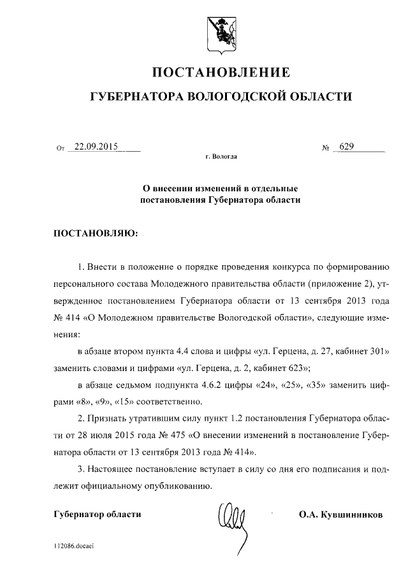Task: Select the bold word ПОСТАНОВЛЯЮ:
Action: point(95,232)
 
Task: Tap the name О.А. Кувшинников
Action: point(340,515)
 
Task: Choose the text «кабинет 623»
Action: point(284,368)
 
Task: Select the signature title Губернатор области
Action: point(97,515)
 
